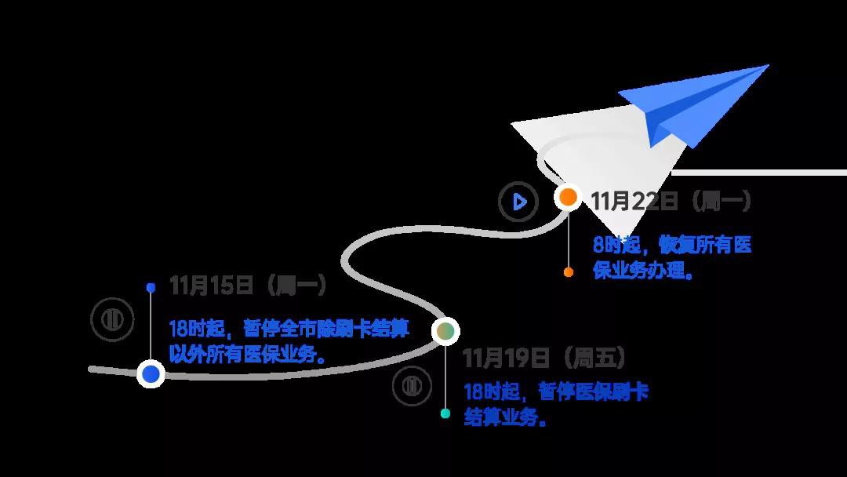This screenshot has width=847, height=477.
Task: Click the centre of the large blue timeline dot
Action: pyautogui.click(x=151, y=373)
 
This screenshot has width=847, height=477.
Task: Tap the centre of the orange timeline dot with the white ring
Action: pyautogui.click(x=568, y=197)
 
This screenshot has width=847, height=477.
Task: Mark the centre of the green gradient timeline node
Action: pyautogui.click(x=445, y=330)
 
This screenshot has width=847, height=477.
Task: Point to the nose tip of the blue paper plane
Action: pyautogui.click(x=768, y=65)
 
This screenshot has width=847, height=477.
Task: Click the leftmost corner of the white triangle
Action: pyautogui.click(x=511, y=124)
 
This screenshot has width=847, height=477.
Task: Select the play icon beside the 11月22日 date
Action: pyautogui.click(x=518, y=202)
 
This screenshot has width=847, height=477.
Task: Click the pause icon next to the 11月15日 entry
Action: pyautogui.click(x=112, y=319)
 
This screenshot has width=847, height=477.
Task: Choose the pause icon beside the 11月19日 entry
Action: pyautogui.click(x=412, y=386)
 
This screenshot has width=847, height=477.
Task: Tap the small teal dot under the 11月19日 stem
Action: pyautogui.click(x=445, y=413)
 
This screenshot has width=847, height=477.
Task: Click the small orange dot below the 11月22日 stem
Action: pyautogui.click(x=569, y=272)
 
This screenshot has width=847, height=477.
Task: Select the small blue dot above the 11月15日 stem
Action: pyautogui.click(x=151, y=288)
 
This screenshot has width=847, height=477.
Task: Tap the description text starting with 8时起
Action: pyautogui.click(x=672, y=257)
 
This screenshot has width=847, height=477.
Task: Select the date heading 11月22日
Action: pyautogui.click(x=634, y=202)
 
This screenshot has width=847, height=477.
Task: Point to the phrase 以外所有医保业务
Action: pyautogui.click(x=242, y=355)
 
